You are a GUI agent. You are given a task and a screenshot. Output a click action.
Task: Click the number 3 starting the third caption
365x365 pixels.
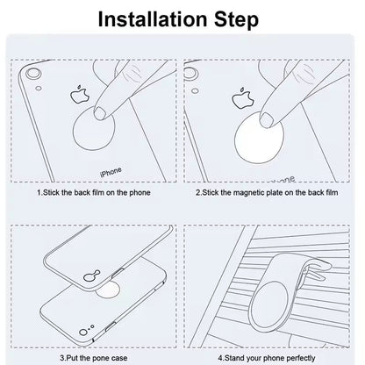tap(62, 359)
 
